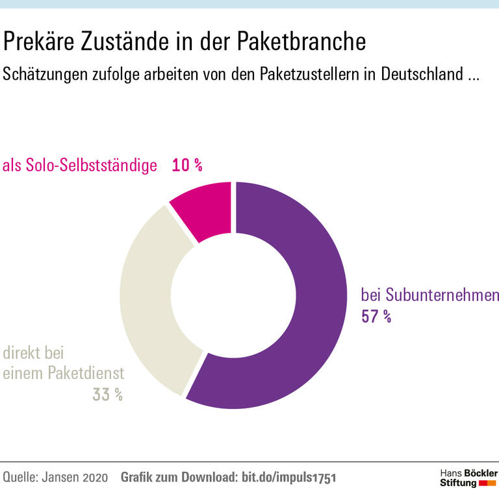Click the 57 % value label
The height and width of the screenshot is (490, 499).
pyautogui.click(x=376, y=317)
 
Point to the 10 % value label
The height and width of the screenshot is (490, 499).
pyautogui.click(x=187, y=165)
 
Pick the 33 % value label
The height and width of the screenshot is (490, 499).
pyautogui.click(x=107, y=394)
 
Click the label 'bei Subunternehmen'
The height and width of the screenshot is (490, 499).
pyautogui.click(x=429, y=295)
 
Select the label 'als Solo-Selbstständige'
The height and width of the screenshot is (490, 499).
pyautogui.click(x=80, y=165)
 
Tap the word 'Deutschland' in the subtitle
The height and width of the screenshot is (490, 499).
pyautogui.click(x=418, y=74)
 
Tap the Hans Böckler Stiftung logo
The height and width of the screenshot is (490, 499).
pyautogui.click(x=468, y=476)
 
